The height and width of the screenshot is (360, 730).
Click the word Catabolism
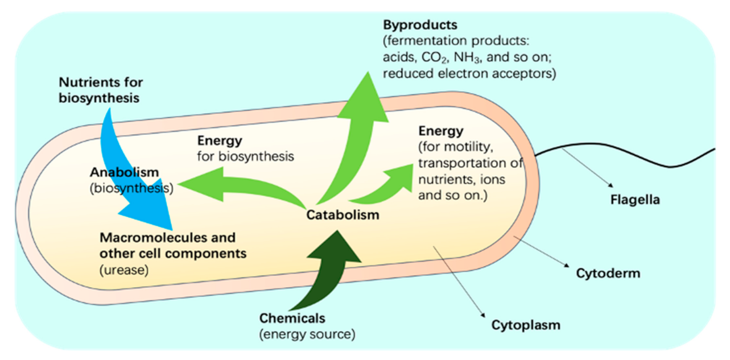pyautogui.click(x=342, y=215)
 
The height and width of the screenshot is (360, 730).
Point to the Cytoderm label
pyautogui.click(x=608, y=273)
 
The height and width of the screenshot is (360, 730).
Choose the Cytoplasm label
pyautogui.click(x=526, y=325)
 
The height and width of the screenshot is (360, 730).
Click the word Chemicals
pyautogui.click(x=292, y=318)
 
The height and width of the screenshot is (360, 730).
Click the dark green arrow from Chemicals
pyautogui.click(x=330, y=267)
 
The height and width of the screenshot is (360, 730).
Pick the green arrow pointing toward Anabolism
pyautogui.click(x=239, y=185)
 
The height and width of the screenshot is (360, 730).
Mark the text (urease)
pyautogui.click(x=124, y=270)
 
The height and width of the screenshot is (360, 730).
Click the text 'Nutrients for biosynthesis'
pyautogui.click(x=100, y=90)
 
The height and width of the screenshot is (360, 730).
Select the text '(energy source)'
pyautogui.click(x=307, y=334)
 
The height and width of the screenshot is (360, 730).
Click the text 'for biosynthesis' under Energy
pyautogui.click(x=246, y=156)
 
